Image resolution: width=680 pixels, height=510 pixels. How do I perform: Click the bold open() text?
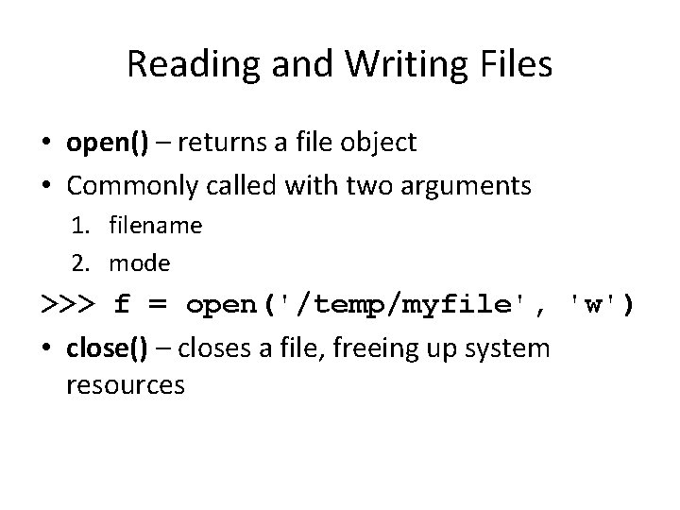coord(107,143)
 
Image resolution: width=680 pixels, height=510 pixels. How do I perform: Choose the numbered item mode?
coord(140,262)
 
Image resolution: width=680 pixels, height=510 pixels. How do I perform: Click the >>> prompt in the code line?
coord(68,306)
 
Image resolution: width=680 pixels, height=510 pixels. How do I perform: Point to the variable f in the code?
coord(122,306)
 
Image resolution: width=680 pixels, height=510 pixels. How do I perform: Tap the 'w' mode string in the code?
coord(593,306)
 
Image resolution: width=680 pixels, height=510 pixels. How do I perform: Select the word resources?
coord(126,386)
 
